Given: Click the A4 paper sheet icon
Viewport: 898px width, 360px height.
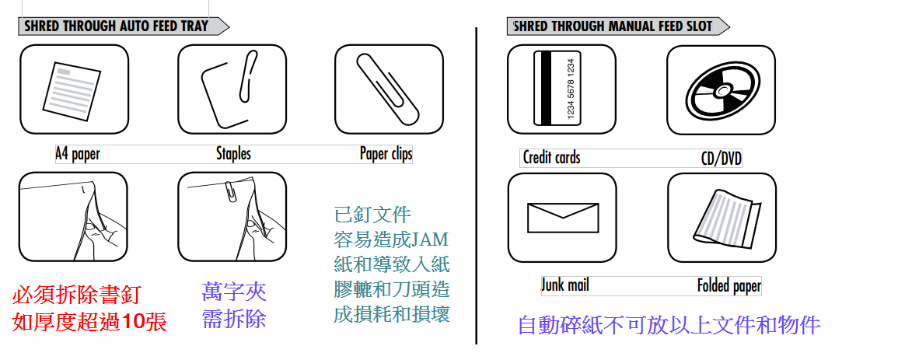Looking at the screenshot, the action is click(x=72, y=90).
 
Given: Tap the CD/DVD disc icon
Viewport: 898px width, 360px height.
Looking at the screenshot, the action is click(x=722, y=90).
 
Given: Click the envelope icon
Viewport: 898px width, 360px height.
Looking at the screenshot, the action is click(x=562, y=218).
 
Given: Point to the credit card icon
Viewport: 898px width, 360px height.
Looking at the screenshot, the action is click(x=557, y=88).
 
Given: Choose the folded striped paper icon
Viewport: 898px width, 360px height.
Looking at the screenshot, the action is click(x=727, y=218).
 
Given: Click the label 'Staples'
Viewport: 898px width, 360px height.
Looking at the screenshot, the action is click(x=233, y=153).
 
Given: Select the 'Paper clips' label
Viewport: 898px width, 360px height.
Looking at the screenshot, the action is click(x=386, y=153).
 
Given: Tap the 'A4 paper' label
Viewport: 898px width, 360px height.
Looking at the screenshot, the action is click(x=77, y=154).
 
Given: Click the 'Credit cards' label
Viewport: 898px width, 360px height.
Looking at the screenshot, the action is click(x=551, y=157).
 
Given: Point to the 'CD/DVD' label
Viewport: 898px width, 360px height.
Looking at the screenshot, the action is click(x=722, y=158).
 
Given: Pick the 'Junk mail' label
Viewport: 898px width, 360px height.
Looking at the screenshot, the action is click(x=565, y=285).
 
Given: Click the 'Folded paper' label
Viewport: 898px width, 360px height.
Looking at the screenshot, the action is click(x=729, y=285).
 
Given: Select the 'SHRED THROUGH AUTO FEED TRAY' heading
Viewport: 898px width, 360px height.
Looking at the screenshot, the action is click(x=117, y=26).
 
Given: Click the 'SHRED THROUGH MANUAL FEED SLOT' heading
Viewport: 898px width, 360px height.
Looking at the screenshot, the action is click(x=613, y=26).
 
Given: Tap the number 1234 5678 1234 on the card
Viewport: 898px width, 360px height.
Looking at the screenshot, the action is click(x=571, y=88).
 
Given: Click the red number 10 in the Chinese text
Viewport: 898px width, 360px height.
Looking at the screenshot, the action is click(x=134, y=323).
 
